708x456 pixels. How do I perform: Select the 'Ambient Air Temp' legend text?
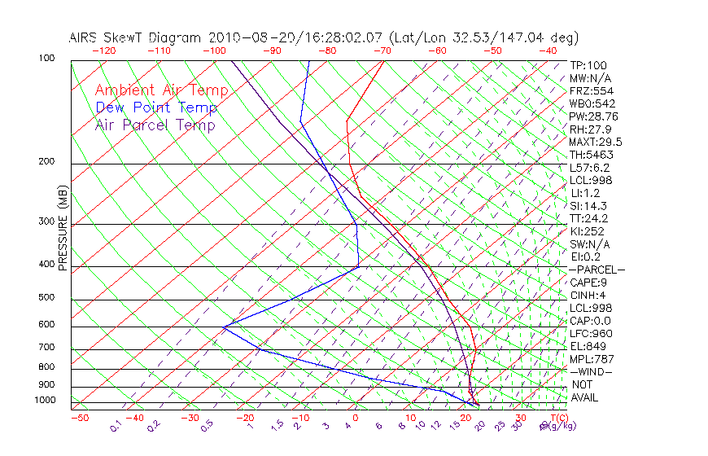tap(161, 90)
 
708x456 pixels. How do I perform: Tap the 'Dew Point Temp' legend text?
tap(156, 107)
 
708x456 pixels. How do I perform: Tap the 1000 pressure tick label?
tap(46, 401)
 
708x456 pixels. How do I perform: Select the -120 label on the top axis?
tap(103, 50)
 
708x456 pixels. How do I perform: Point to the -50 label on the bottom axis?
tap(79, 418)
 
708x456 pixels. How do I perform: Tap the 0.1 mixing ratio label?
tap(116, 425)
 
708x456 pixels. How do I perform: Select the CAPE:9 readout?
tap(588, 283)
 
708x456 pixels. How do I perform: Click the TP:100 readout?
tap(588, 65)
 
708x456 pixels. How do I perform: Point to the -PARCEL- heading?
tap(597, 270)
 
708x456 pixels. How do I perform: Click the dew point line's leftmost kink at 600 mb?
tap(224, 327)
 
